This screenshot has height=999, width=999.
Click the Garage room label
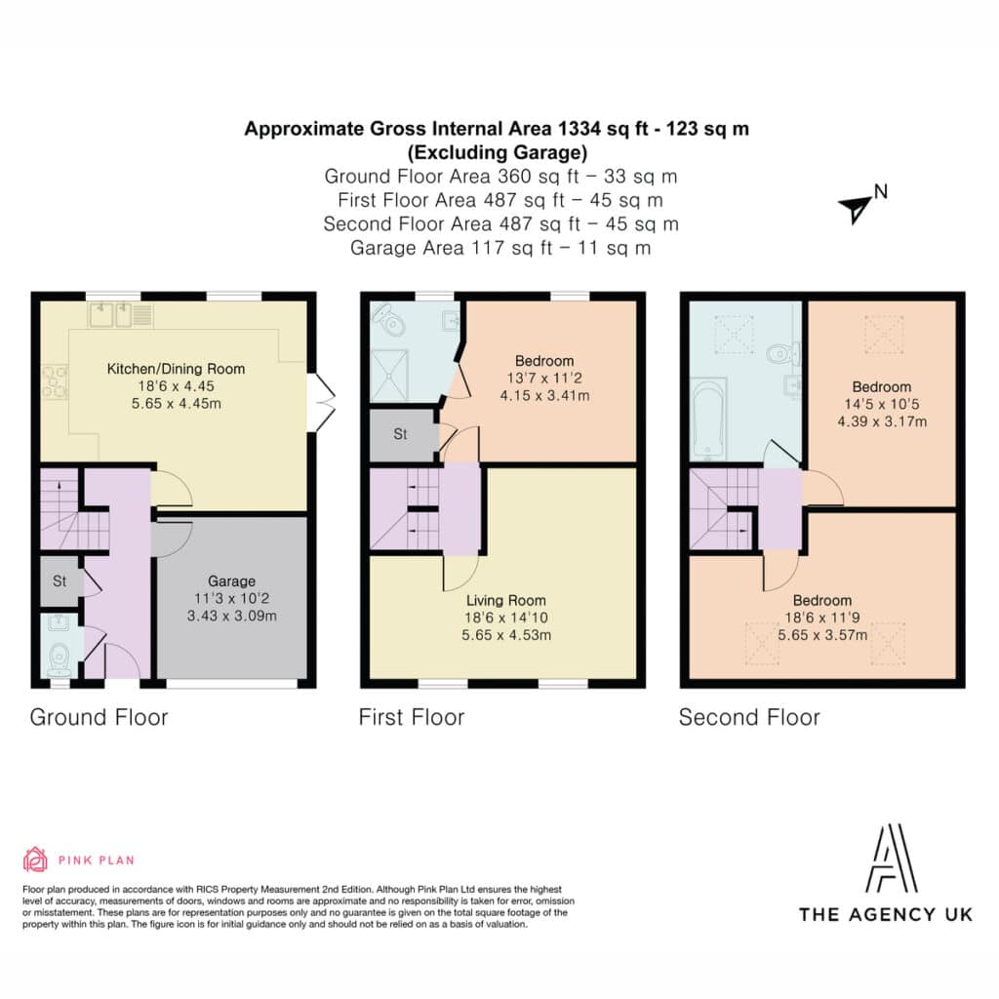click(231, 581)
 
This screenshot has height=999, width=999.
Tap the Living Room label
click(506, 600)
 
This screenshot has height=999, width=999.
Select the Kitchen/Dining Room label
click(176, 369)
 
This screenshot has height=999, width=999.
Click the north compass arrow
click(855, 209)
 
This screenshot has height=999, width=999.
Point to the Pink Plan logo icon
click(35, 859)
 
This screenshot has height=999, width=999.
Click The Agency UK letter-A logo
click(892, 859)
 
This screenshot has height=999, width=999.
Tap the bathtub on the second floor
click(708, 419)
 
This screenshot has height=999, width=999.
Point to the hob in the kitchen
click(55, 381)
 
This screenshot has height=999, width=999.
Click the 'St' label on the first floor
click(400, 434)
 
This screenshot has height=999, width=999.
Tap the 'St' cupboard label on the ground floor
click(60, 581)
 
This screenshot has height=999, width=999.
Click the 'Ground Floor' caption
click(99, 717)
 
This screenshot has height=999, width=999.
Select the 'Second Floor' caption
click(749, 717)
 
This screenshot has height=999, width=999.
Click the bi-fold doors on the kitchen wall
click(321, 403)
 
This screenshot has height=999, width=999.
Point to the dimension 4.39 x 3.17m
click(882, 421)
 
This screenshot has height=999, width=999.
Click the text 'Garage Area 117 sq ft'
click(451, 248)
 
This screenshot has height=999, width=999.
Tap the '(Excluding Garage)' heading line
click(498, 153)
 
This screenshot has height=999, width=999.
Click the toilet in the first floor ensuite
click(389, 319)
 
